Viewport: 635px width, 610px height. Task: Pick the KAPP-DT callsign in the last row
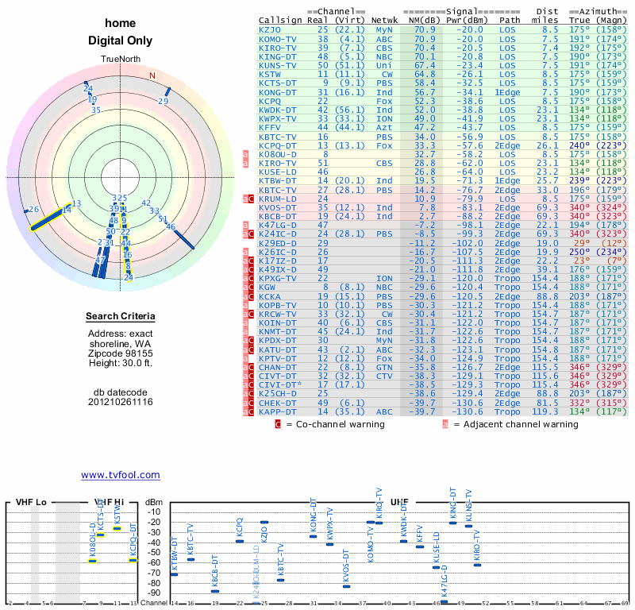278,412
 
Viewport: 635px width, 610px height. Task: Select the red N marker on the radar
152,76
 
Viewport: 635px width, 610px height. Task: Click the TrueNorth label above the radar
121,60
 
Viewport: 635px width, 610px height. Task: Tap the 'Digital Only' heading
121,41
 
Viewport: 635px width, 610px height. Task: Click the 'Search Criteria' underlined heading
121,317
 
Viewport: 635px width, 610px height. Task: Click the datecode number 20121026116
121,403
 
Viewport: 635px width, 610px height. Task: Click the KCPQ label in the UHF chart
240,527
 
